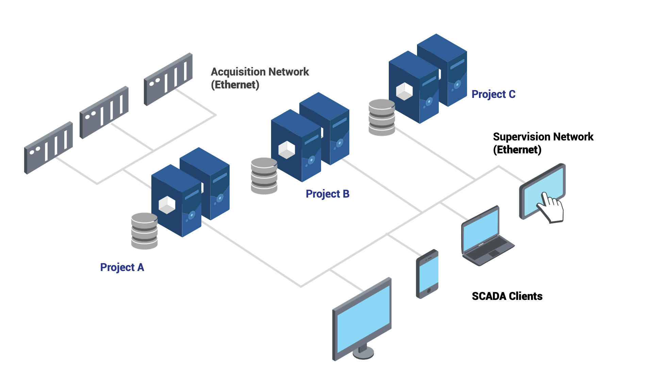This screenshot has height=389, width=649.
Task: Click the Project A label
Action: point(122,267)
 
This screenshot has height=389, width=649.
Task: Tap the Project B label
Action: point(327,194)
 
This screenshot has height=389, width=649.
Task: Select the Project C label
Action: point(493,94)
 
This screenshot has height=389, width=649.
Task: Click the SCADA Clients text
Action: point(507,296)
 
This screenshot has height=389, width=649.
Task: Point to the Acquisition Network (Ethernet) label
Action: point(260,78)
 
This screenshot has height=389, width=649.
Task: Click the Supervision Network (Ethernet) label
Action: point(543,143)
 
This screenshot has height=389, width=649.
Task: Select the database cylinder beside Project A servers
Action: point(144,231)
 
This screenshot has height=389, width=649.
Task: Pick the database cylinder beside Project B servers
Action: point(264,176)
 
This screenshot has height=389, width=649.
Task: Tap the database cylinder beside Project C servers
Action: point(382,117)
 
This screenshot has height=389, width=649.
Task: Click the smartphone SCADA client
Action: point(428,274)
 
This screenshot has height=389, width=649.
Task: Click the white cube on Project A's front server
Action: point(167,205)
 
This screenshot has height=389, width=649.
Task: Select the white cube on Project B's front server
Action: point(286,150)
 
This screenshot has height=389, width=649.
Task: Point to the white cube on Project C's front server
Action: point(404,91)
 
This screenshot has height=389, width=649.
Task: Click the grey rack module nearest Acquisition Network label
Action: point(168,79)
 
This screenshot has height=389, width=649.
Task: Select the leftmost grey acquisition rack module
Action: point(48,148)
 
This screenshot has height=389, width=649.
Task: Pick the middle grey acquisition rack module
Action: point(104,112)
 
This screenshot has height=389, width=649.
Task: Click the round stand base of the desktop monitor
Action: point(363,354)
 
